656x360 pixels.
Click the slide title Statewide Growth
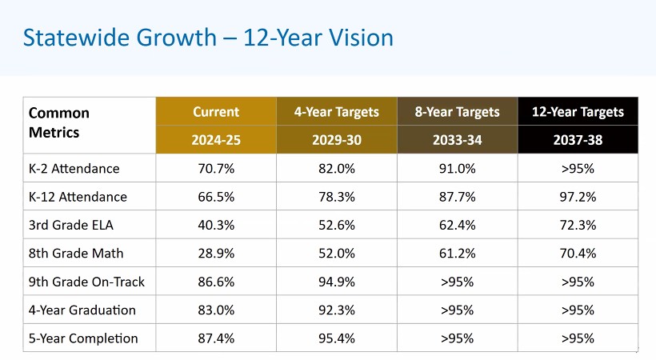coord(208,37)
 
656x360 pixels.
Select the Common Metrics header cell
coord(59,122)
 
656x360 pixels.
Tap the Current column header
coord(216,112)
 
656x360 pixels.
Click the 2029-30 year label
coord(336,140)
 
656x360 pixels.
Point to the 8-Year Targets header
coord(457,112)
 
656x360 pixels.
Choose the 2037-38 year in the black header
coord(578,140)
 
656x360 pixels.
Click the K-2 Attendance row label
coord(74,169)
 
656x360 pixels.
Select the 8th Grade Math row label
coord(75,253)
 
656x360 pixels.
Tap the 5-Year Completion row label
coord(82,338)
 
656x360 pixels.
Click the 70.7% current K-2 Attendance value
coord(216,169)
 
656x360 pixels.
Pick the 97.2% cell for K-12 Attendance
coord(578,197)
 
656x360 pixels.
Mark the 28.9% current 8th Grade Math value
coord(216,253)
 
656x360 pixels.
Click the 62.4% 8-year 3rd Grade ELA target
coord(457,225)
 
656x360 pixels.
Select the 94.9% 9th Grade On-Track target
coord(336,282)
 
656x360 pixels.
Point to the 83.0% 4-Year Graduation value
coord(216,310)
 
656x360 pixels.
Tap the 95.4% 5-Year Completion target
coord(336,338)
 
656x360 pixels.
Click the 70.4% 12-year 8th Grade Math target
coord(578,253)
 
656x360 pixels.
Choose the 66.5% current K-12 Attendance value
coord(216,197)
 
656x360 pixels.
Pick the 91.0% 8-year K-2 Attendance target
coord(457,169)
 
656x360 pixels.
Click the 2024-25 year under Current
coord(216,140)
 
